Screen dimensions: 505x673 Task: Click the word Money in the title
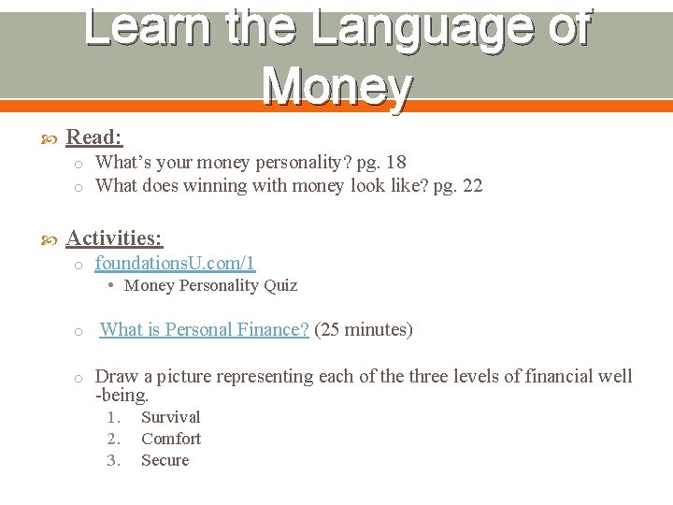click(x=336, y=86)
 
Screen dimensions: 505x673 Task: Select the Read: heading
click(x=94, y=137)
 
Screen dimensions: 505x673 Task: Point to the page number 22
click(x=472, y=185)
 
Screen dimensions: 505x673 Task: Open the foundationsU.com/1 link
click(x=175, y=264)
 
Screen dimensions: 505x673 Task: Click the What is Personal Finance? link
click(x=204, y=329)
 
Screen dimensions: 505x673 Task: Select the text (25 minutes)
click(x=364, y=329)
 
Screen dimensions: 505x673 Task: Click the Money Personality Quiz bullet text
click(x=210, y=285)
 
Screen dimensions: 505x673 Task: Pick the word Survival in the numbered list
click(x=170, y=417)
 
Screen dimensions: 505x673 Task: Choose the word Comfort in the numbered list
click(x=171, y=439)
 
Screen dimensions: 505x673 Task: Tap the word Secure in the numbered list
click(x=165, y=460)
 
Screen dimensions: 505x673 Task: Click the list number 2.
click(x=113, y=439)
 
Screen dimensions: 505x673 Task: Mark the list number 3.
click(x=113, y=460)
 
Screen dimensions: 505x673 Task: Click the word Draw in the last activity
click(x=117, y=376)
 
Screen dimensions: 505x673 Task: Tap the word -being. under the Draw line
click(x=122, y=395)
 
